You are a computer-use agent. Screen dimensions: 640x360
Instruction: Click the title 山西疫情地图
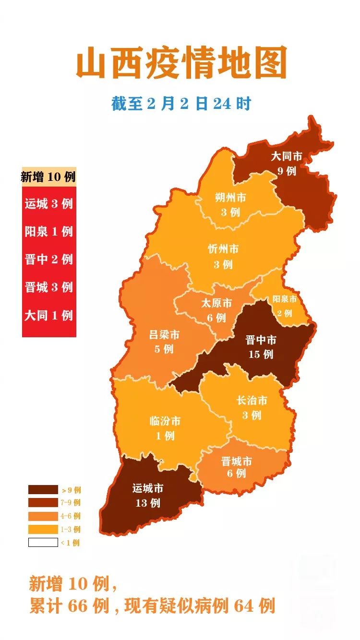[x=181, y=63]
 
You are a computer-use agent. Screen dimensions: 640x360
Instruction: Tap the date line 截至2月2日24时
[x=181, y=103]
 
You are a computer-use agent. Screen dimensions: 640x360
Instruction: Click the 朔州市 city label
[x=230, y=198]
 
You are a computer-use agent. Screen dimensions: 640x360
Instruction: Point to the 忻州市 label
[x=223, y=249]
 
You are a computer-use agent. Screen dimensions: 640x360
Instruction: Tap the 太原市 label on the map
[x=216, y=303]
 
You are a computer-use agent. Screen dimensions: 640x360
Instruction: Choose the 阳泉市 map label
[x=285, y=299]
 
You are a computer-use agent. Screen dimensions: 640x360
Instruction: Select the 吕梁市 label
[x=164, y=334]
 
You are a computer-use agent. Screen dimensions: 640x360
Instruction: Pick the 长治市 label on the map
[x=252, y=400]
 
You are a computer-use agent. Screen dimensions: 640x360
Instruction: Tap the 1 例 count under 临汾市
[x=165, y=436]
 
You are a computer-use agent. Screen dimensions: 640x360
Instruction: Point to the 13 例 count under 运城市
[x=147, y=503]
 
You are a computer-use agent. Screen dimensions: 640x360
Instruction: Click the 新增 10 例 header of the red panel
[x=48, y=177]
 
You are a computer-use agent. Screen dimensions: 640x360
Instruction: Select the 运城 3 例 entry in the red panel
[x=48, y=203]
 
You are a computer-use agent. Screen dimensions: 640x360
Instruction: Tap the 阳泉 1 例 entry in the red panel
[x=48, y=231]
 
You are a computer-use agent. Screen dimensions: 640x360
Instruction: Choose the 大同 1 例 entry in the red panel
[x=48, y=315]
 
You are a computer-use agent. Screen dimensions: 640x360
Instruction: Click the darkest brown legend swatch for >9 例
[x=43, y=490]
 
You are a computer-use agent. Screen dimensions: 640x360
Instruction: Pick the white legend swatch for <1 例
[x=43, y=543]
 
